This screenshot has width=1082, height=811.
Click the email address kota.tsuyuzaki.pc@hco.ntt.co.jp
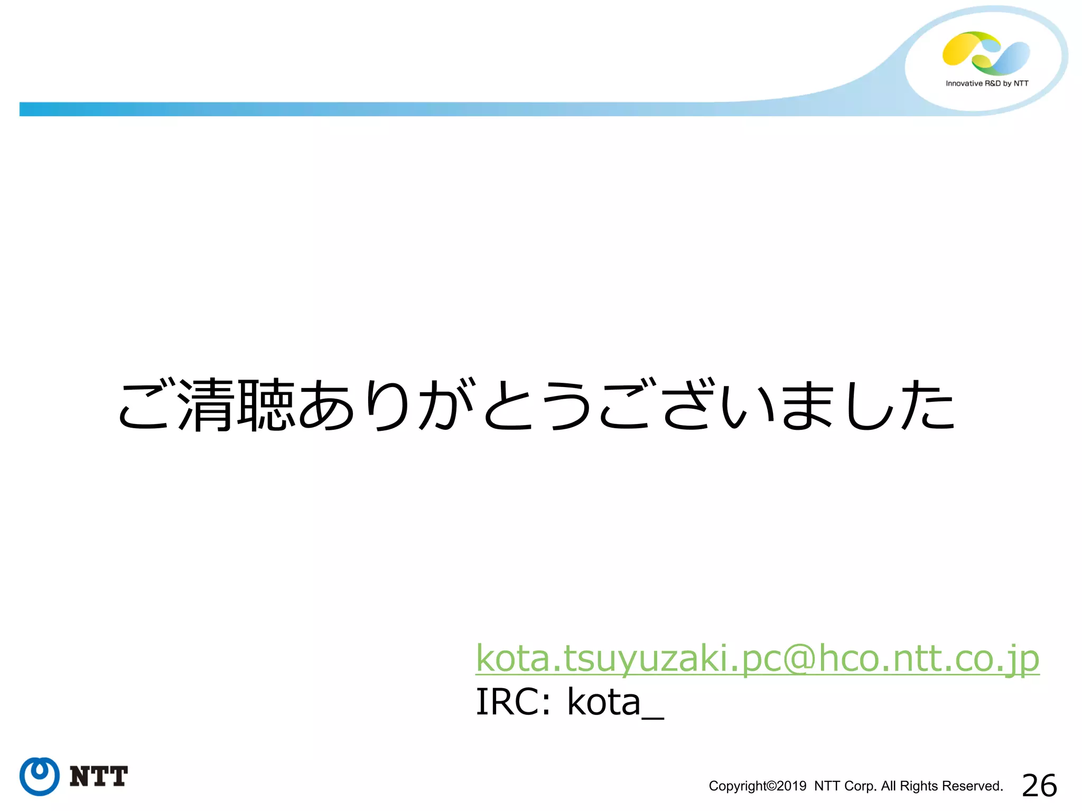pyautogui.click(x=757, y=658)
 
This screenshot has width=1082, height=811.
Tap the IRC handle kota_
pyautogui.click(x=615, y=702)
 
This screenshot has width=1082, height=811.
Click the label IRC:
pyautogui.click(x=513, y=702)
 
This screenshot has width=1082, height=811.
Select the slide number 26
pyautogui.click(x=1039, y=785)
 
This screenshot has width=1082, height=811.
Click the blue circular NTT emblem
pyautogui.click(x=39, y=776)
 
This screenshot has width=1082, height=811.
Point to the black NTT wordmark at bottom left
pyautogui.click(x=99, y=777)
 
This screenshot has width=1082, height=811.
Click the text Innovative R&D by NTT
pyautogui.click(x=987, y=83)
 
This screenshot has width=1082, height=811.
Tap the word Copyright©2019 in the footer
pyautogui.click(x=757, y=786)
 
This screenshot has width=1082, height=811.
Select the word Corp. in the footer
pyautogui.click(x=860, y=786)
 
